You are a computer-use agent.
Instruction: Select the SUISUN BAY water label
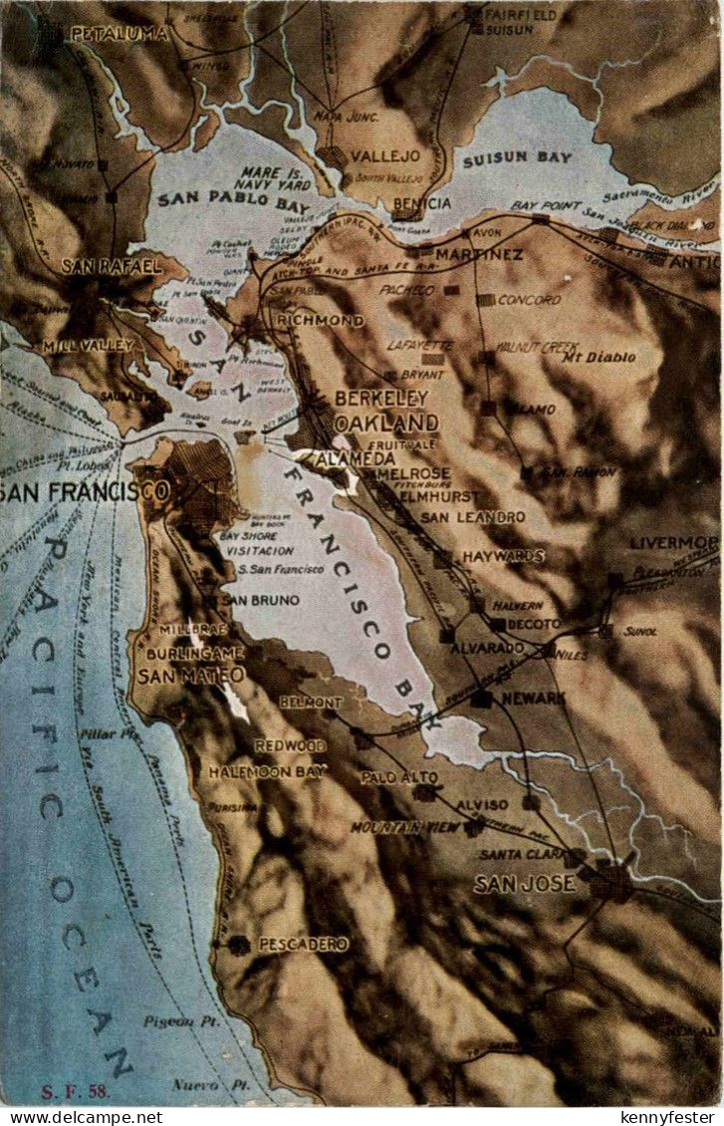point(516,157)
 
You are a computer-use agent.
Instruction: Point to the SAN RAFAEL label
point(112,266)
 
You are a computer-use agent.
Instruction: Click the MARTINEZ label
point(478,254)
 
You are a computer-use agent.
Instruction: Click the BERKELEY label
point(380,398)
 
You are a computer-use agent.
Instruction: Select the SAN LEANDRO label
point(472,517)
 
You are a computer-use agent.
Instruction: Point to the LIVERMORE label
point(673,543)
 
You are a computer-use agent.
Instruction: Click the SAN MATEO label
point(190,676)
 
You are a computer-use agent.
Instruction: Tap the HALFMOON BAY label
point(266,771)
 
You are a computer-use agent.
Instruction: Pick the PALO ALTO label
point(398,776)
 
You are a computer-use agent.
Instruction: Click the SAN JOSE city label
point(524,883)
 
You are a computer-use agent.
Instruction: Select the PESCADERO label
point(303,944)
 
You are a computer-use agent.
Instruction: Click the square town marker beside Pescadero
point(238,944)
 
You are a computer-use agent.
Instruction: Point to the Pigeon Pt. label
point(173,1021)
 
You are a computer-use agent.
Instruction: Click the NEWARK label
point(532,699)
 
